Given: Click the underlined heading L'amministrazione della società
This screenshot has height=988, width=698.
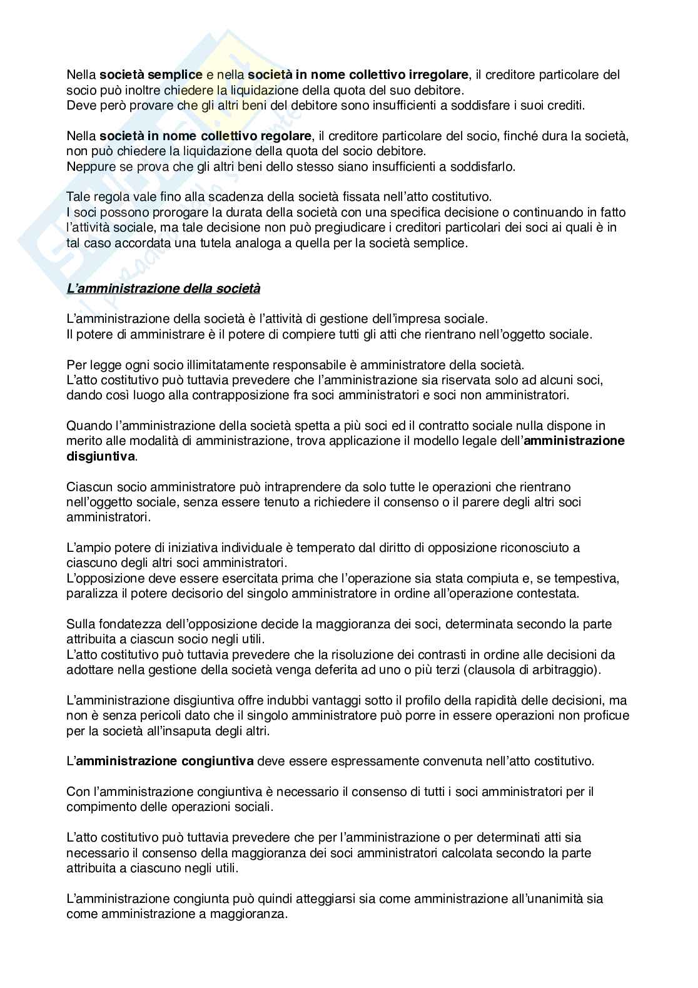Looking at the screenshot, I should point(163,288).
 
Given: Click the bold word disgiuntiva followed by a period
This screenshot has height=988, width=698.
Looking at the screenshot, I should point(100,456).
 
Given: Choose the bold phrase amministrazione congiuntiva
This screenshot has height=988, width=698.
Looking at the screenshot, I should point(164,761).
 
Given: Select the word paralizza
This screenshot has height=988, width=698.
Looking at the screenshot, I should point(89,593).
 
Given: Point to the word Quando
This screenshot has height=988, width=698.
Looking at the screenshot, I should point(86,425).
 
